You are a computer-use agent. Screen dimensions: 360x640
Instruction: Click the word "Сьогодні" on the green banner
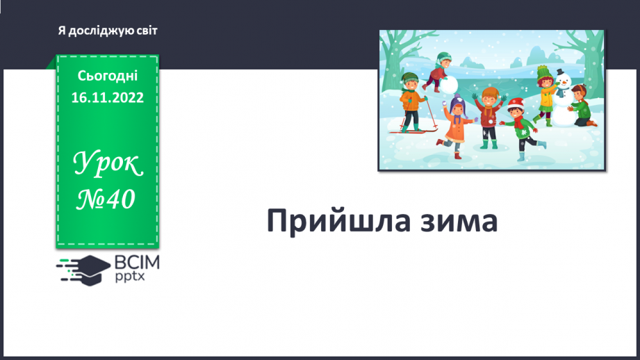point(108,75)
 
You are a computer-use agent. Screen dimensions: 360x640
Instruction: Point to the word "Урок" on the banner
point(108,165)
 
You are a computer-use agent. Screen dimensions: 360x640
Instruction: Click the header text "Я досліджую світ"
point(108,31)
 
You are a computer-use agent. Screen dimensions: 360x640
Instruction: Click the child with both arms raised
point(490,111)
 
